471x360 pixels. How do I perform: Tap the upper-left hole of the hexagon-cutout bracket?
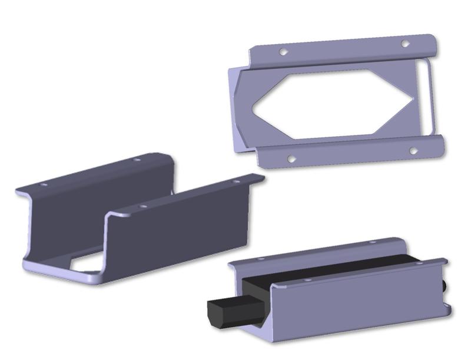283,52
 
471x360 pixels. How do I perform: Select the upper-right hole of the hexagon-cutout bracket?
404,44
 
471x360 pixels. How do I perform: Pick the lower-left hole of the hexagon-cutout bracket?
290,158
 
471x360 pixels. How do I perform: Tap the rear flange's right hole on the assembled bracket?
372,241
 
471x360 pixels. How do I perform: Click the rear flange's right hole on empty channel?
137,160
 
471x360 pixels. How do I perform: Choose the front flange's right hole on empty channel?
236,181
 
